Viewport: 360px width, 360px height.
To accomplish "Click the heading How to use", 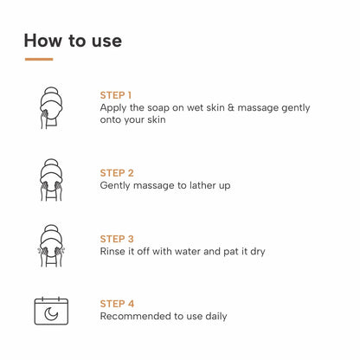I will pos(73,40).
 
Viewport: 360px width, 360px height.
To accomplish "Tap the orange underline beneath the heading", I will pos(39,59).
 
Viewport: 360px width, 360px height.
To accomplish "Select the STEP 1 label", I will pos(116,94).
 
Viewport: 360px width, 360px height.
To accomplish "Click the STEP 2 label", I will pos(117,172).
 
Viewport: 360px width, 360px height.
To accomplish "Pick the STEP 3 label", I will pos(117,238).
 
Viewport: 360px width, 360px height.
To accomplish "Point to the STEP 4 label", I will pos(117,303).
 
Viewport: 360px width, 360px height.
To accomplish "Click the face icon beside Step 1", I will pos(51,106).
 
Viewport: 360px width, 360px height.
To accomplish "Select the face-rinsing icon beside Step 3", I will pos(51,245).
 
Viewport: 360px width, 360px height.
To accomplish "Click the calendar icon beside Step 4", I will pos(51,310).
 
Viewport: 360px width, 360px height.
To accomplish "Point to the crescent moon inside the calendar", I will pos(51,312).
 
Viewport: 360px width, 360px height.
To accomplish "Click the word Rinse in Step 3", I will pos(114,251).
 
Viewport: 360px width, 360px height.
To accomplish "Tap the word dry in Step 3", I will pos(255,251).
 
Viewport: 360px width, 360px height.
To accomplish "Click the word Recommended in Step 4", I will pos(137,316).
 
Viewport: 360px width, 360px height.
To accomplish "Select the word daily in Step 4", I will pos(214,316).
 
